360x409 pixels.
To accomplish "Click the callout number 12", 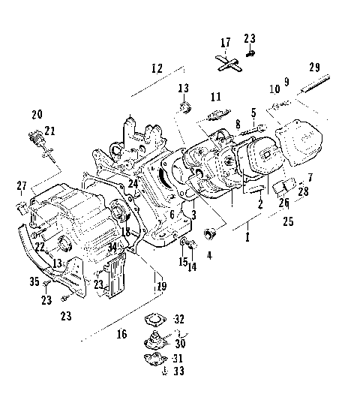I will point(156,68).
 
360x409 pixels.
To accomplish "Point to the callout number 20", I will point(37,114).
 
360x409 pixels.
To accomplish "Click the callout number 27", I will point(22,185).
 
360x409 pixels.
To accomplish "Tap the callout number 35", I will point(34,282).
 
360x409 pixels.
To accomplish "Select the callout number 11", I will point(216,97).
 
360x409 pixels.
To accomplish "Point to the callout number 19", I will point(160,285).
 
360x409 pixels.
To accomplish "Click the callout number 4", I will point(209,255).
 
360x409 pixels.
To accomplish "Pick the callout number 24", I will point(132,183).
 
